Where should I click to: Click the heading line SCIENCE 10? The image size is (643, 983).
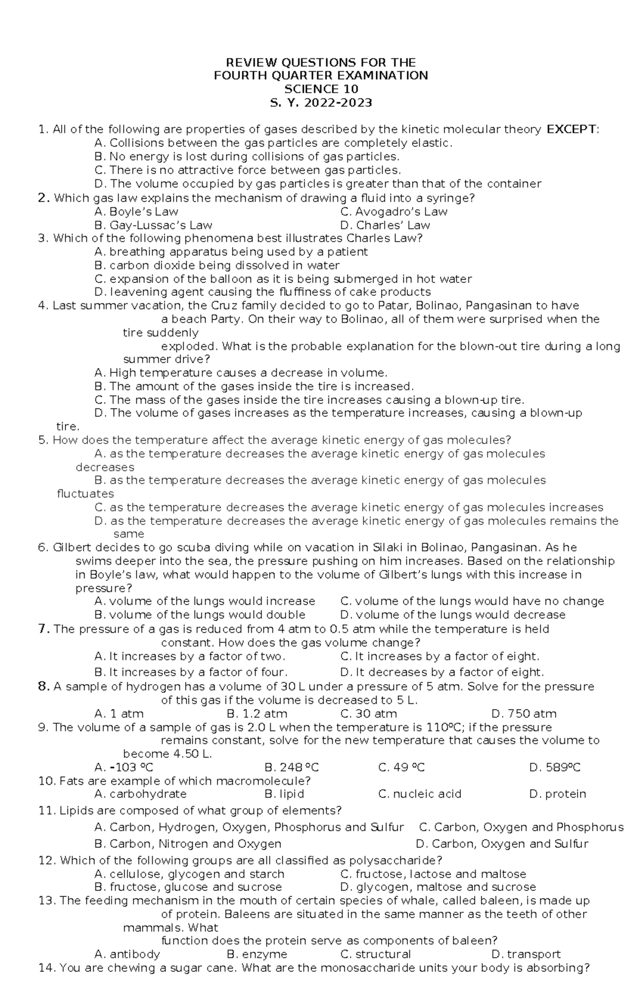click(321, 89)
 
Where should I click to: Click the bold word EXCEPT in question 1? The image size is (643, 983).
click(572, 129)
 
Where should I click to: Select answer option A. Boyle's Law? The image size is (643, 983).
click(136, 212)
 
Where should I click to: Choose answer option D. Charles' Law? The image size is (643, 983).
click(385, 226)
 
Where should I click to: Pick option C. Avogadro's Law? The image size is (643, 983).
click(394, 212)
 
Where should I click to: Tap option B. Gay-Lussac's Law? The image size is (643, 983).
click(153, 226)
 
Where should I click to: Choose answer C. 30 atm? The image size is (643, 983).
click(369, 714)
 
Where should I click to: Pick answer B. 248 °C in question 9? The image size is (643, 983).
click(292, 768)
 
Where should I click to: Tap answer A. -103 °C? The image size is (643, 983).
click(124, 768)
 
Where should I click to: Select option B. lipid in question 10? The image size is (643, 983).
click(285, 794)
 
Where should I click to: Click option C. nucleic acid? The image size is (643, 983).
click(420, 794)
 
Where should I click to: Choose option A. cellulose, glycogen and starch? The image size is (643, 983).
click(189, 874)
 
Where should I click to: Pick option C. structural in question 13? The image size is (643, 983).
click(376, 954)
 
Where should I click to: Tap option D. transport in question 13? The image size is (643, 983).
click(526, 954)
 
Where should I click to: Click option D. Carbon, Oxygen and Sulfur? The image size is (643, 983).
click(502, 844)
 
